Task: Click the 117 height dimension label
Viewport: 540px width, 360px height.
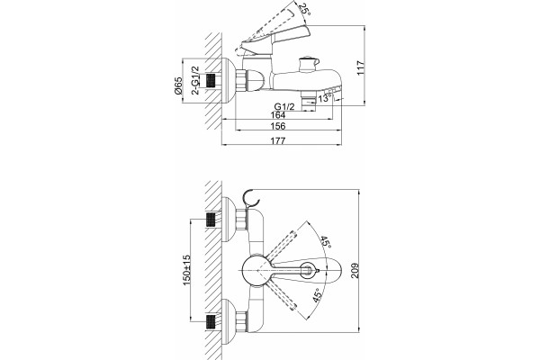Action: pos(360,67)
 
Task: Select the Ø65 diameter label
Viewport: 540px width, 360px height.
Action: pos(178,85)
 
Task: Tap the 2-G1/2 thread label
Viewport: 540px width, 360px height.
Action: pos(195,80)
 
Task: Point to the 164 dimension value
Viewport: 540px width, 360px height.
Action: pos(278,114)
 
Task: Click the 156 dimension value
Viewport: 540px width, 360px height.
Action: pos(278,126)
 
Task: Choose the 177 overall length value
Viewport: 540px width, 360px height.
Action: pos(278,140)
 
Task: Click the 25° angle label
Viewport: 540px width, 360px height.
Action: pos(305,9)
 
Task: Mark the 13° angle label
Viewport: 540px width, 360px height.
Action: pos(325,98)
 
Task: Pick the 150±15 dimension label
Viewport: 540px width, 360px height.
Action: pos(186,270)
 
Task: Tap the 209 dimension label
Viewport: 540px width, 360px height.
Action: pos(355,270)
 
